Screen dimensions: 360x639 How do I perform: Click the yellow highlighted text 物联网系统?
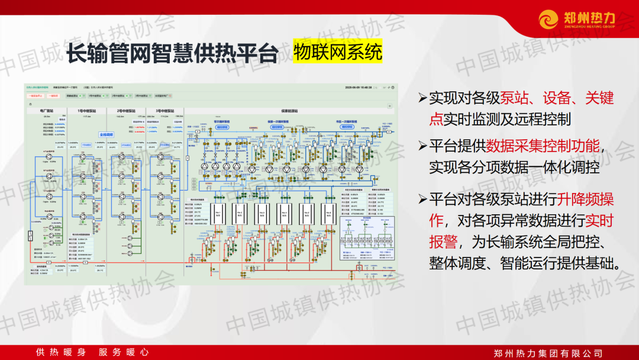pos(337,53)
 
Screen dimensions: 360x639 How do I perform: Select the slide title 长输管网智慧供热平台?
pos(172,54)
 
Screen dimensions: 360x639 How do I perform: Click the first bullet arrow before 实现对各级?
pos(422,98)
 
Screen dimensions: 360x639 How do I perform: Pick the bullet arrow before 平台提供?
pos(422,146)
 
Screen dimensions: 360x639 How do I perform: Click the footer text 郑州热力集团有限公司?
pos(548,353)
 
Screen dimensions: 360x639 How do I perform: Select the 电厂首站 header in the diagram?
pos(47,111)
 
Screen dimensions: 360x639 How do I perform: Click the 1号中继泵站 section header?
pos(87,111)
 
